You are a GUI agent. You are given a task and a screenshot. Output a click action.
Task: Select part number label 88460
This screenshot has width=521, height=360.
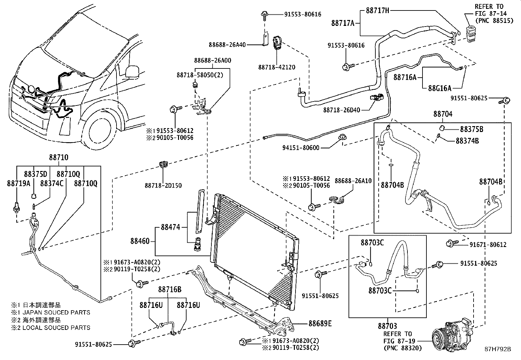click(140, 241)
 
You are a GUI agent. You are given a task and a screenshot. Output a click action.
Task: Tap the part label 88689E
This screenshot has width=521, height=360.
click(320, 324)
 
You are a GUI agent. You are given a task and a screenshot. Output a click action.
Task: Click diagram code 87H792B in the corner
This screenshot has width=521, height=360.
click(498, 349)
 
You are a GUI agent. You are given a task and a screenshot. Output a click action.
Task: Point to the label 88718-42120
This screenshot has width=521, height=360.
click(277, 67)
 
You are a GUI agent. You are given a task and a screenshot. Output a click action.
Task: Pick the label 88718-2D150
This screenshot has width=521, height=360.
click(163, 185)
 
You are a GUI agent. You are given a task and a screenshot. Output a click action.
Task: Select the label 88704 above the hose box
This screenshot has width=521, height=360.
click(443, 114)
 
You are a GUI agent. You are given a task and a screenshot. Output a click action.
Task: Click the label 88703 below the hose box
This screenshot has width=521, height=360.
click(387, 326)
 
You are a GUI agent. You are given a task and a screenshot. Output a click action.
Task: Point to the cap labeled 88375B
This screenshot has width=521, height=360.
click(441, 127)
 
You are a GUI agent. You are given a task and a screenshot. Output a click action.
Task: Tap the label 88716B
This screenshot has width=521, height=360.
click(170, 290)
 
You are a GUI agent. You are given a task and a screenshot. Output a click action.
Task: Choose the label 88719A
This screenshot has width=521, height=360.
click(18, 183)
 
